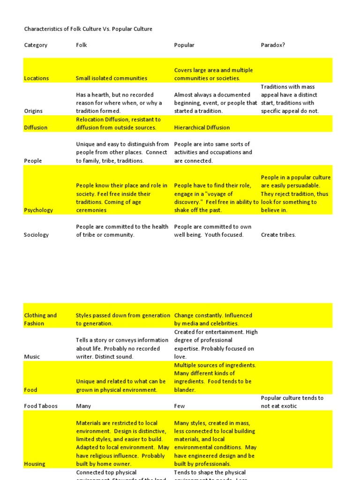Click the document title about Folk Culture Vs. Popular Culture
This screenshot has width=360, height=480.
pos(88,29)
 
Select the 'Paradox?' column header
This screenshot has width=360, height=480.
pos(273,45)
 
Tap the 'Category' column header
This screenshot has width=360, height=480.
pos(36,45)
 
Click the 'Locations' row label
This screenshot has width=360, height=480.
pos(36,78)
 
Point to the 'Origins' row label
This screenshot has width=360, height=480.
pos(33,111)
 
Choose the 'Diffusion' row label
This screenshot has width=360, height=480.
pos(36,127)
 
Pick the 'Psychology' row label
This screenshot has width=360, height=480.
pos(38,210)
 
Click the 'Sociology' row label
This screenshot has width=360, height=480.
pos(36,235)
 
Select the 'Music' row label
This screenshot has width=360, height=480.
pos(32,357)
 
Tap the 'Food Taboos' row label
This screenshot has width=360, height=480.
pos(41,406)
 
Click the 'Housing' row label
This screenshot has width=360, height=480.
pos(35,464)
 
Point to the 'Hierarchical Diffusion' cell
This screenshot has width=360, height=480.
pos(202,127)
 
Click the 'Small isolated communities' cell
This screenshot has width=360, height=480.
pos(112,78)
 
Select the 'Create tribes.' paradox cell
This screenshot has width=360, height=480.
pos(278,235)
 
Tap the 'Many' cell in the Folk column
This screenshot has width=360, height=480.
pos(83,406)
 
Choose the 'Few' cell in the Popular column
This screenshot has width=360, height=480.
pos(180,406)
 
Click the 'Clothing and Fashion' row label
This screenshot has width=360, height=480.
pos(40,319)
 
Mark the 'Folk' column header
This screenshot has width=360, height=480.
pos(82,45)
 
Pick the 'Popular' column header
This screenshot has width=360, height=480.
pos(184,45)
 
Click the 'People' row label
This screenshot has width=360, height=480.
pos(33,161)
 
